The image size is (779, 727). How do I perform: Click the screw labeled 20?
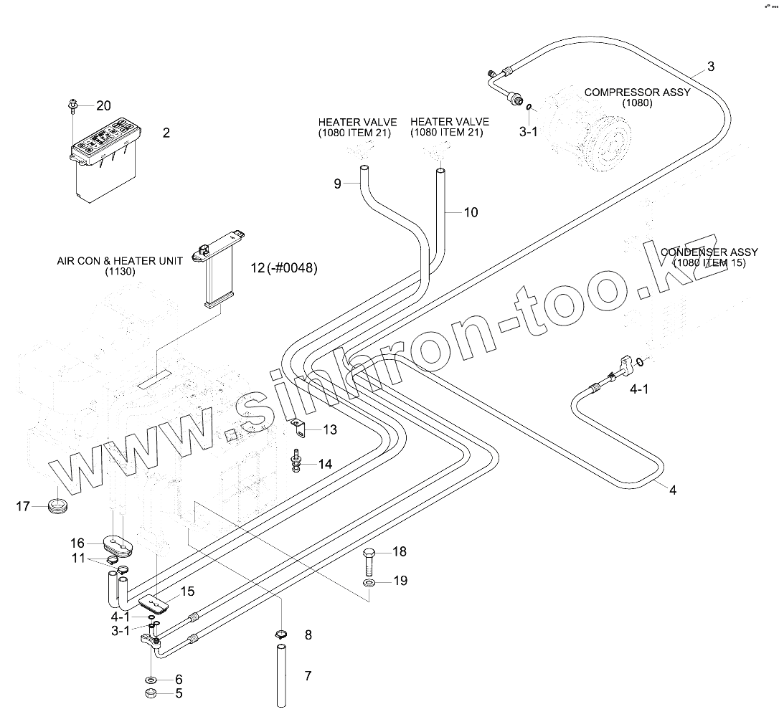tap(73, 105)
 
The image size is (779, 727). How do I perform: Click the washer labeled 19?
tap(369, 582)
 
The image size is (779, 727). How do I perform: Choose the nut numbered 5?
tap(151, 693)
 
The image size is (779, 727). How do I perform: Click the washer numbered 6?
tap(151, 679)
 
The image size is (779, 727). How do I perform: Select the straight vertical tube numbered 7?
tap(281, 676)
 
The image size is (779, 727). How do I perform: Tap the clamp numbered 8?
tap(281, 633)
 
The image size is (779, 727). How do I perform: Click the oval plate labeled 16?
tap(119, 544)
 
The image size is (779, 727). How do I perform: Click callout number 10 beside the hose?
tap(471, 212)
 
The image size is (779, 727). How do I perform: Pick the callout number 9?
tap(336, 184)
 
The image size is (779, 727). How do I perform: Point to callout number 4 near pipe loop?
tap(672, 490)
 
